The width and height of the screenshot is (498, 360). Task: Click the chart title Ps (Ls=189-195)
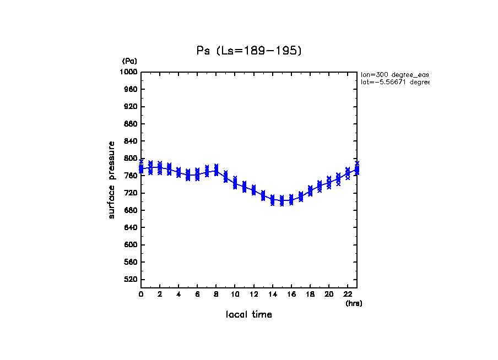[x=249, y=51]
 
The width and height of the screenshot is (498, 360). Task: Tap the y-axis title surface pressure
[x=112, y=179]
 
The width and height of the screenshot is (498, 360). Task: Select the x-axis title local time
[x=249, y=315]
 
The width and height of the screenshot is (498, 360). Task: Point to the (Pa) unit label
[x=129, y=61]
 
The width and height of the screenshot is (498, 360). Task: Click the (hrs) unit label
[x=354, y=303]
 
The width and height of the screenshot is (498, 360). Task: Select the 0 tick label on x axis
[x=141, y=294]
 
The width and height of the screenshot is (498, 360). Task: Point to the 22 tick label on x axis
[x=348, y=294]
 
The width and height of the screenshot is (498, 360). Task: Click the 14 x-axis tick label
[x=272, y=294]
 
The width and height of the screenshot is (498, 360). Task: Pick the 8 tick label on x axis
[x=216, y=294]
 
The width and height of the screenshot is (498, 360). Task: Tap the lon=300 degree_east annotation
[x=394, y=74]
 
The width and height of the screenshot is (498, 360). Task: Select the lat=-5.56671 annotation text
[x=394, y=82]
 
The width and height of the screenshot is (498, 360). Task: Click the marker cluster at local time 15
[x=282, y=200]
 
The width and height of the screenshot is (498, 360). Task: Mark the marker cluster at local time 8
[x=216, y=170]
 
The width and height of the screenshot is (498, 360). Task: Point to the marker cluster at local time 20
[x=329, y=182]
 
